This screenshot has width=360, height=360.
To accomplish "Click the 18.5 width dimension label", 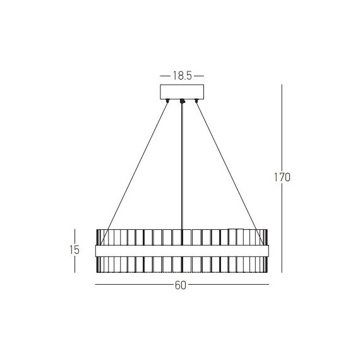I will coord(181,76).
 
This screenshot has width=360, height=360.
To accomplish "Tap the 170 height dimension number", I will coord(282,177).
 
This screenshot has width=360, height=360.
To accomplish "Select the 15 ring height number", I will coord(75,250).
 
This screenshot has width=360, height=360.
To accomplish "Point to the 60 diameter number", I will coord(181,285).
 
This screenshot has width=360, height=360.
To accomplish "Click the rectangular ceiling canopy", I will coord(181,92).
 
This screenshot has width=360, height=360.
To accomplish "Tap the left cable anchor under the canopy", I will coord(167,100).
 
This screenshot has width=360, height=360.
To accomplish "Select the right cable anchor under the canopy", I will coord(196,100).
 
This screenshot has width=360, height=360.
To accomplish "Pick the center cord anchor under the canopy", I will coord(182,101).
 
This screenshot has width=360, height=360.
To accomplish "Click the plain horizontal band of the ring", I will coord(181,251).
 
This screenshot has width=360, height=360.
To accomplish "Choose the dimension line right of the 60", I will coord(227,285).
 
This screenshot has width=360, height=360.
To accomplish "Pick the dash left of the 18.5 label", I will coord(165,76).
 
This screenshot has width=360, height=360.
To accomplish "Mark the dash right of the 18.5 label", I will coord(197,76).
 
